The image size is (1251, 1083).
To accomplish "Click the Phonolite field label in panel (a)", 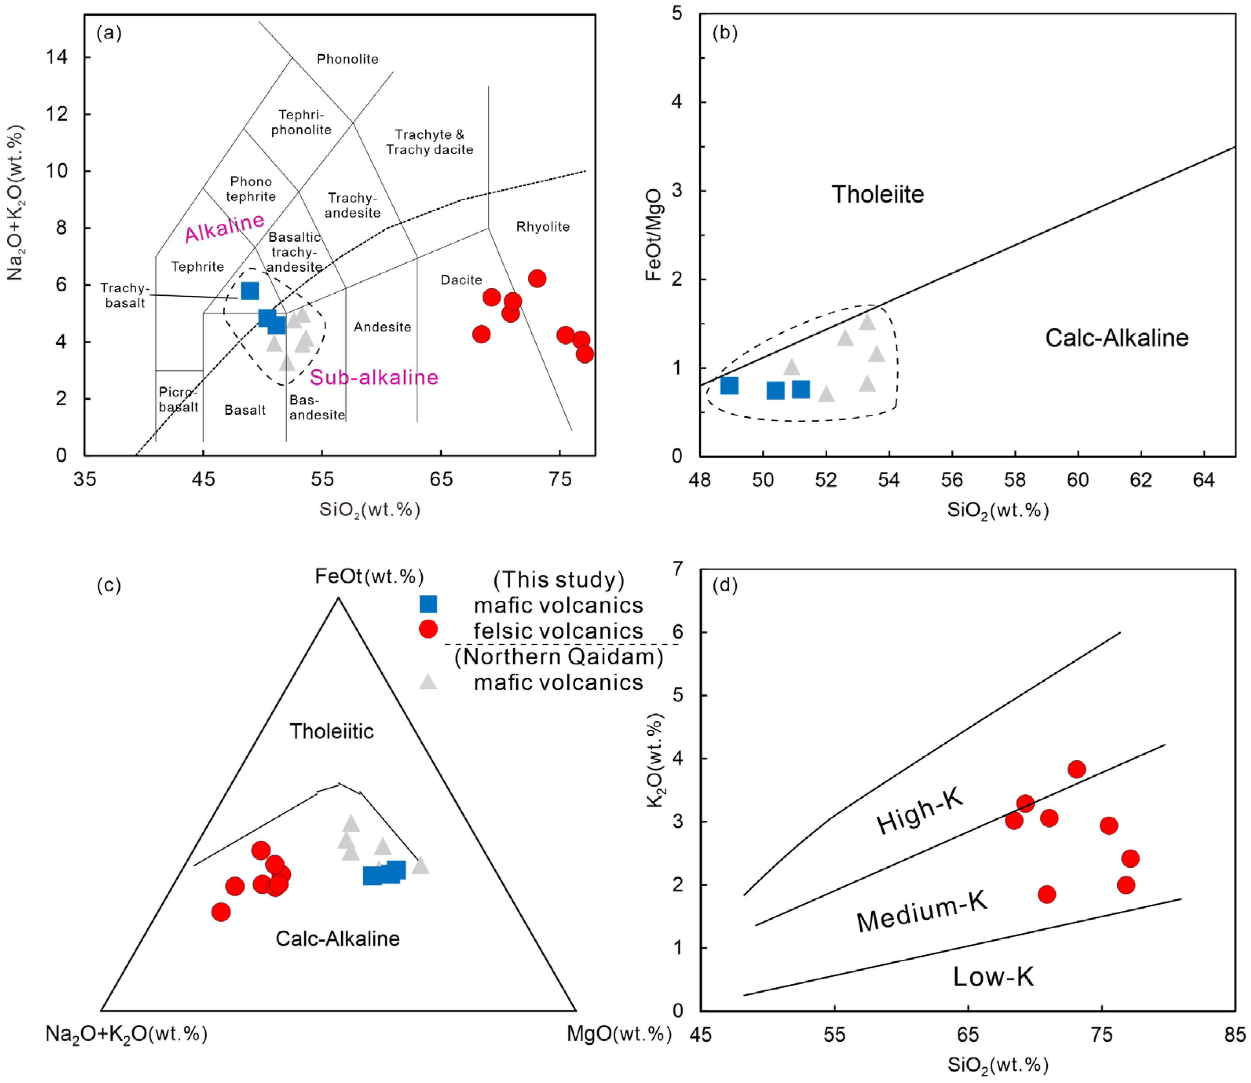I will point(347,59).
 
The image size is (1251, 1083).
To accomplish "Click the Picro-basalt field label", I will point(178,399).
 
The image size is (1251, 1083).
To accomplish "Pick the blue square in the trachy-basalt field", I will point(250,291).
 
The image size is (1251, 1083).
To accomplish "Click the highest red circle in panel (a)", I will point(537,279).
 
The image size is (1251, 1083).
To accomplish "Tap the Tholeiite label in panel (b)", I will point(878,195).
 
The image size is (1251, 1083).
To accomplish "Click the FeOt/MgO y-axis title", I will point(654,234).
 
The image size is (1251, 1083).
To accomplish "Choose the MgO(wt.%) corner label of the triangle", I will point(619,1034).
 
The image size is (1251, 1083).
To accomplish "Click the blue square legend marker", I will point(428,604).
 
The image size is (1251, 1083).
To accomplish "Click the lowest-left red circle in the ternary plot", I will point(221,912).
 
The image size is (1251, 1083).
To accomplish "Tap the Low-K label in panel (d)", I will point(993,977).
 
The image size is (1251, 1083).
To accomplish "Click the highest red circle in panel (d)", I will point(1076,769).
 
